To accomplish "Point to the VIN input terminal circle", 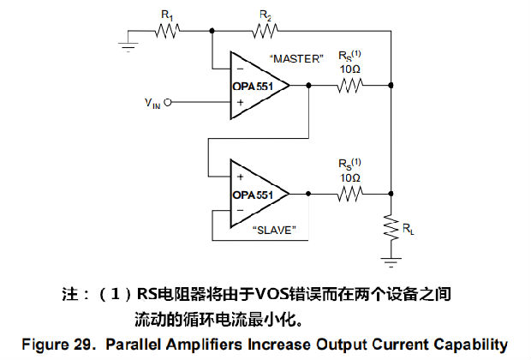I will pyautogui.click(x=169, y=103).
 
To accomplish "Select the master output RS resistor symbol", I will pyautogui.click(x=350, y=85).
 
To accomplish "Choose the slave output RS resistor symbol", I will pyautogui.click(x=350, y=195).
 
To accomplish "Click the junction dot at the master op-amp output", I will pyautogui.click(x=307, y=85).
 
